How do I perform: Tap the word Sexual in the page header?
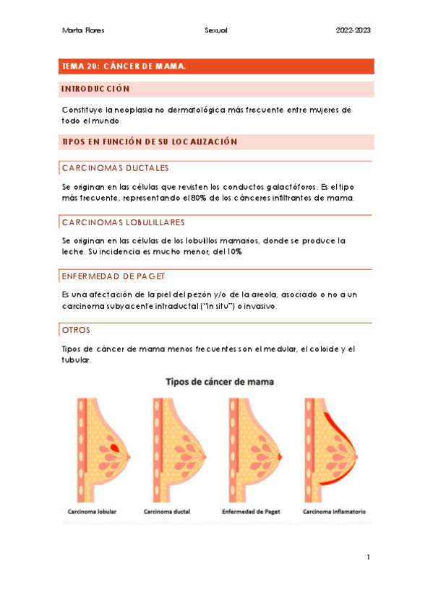[x=215, y=30]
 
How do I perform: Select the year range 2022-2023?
[x=353, y=30]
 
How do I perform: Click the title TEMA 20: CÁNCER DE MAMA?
[x=124, y=66]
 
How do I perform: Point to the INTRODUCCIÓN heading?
[x=96, y=89]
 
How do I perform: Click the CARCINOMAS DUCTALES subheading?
[x=115, y=167]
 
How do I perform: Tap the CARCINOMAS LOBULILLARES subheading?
[x=123, y=222]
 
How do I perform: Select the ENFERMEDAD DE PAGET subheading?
[x=118, y=276]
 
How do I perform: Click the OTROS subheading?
[x=77, y=330]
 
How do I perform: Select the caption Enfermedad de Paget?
[x=252, y=512]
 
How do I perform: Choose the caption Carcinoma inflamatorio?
[x=334, y=512]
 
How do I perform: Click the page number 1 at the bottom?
[x=368, y=556]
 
